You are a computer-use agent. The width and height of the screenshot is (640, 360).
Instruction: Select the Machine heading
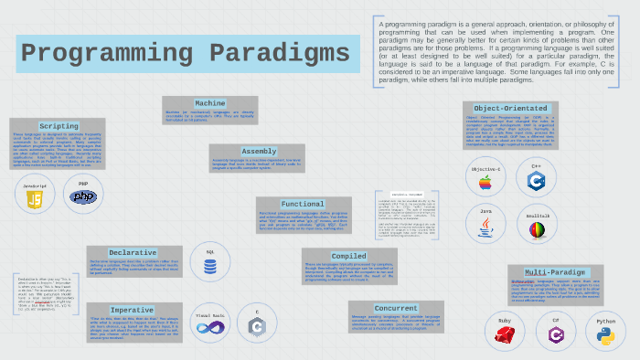click(209, 103)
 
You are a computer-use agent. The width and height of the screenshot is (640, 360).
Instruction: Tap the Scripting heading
click(58, 126)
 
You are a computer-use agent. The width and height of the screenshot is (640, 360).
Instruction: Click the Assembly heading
click(259, 152)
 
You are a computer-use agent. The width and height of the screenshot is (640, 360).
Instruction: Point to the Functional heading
click(302, 204)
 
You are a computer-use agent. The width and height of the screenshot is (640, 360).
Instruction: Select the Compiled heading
click(348, 256)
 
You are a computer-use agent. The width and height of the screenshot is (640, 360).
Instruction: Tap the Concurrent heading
click(395, 308)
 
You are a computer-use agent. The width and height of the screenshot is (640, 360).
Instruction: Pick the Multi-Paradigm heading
click(555, 272)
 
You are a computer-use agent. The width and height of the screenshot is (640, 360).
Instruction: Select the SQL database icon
click(210, 267)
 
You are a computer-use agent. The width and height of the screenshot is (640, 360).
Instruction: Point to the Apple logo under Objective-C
click(485, 184)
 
